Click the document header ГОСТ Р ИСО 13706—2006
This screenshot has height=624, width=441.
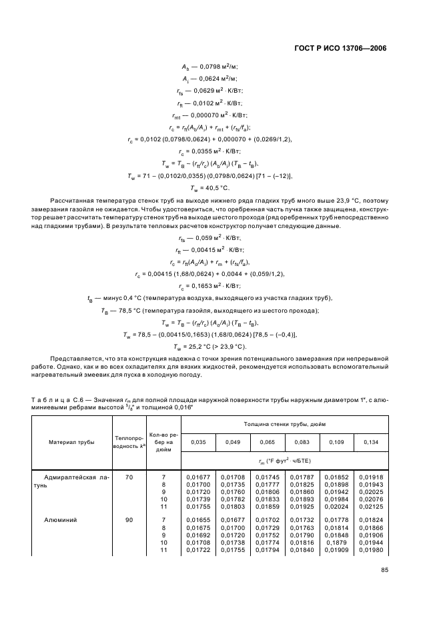[x=340, y=49]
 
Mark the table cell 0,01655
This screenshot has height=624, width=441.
[x=198, y=518]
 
